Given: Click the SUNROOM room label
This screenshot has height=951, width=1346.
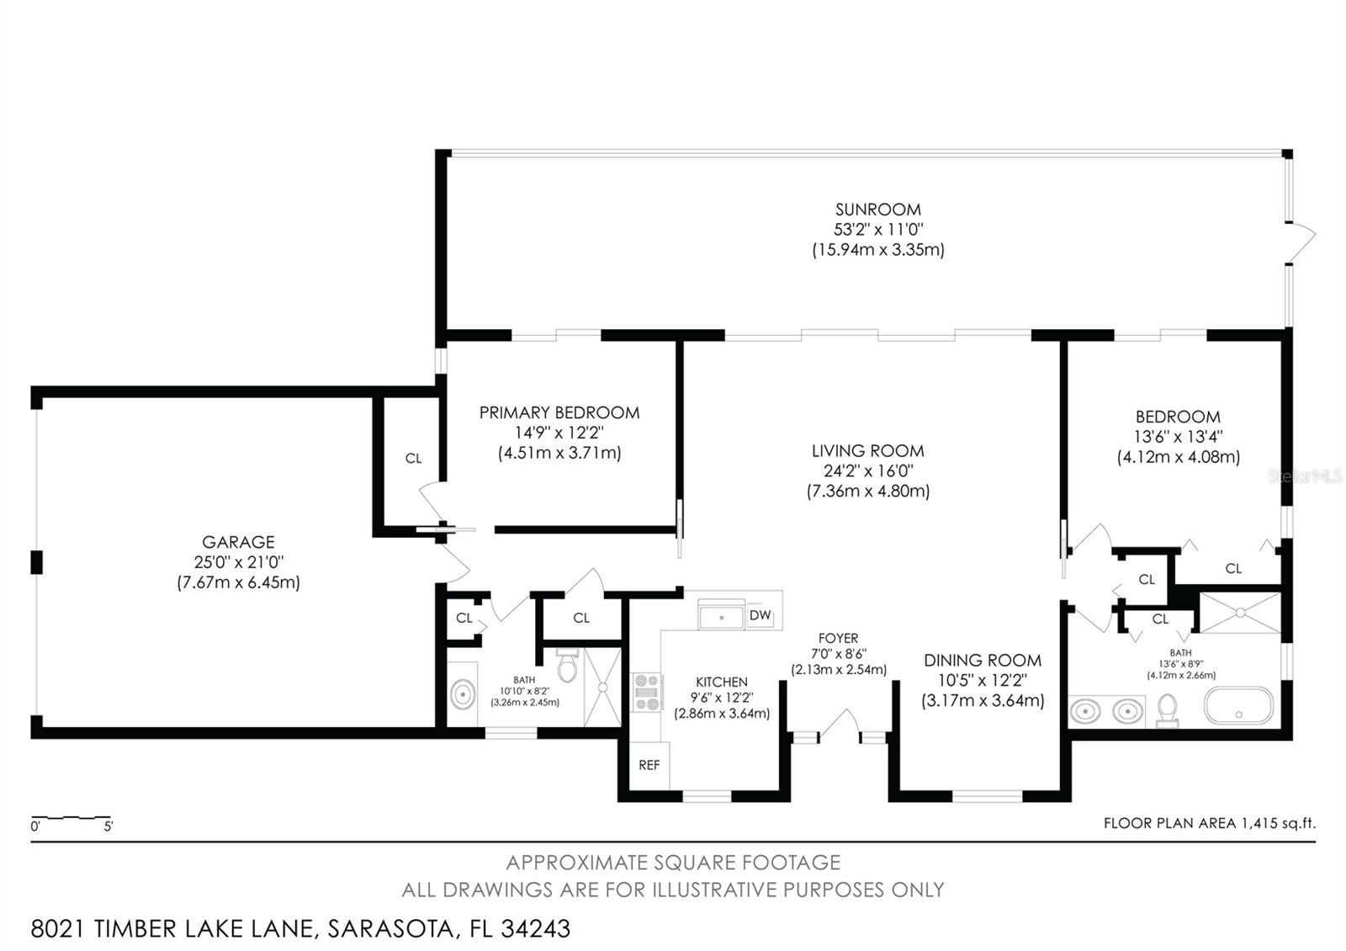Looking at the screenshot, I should click(877, 210).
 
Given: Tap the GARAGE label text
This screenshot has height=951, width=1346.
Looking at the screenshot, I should click(238, 542).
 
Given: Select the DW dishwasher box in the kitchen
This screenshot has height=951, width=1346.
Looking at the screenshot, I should click(760, 615).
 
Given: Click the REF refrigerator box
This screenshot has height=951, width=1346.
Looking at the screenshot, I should click(649, 765).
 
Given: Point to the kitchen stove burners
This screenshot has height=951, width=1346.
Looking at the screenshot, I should click(647, 692).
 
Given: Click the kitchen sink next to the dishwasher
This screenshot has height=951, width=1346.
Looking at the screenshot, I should click(721, 615).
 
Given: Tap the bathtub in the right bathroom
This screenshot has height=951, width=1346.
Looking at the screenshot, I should click(1238, 706).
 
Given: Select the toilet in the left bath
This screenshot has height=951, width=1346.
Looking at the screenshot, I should click(566, 665).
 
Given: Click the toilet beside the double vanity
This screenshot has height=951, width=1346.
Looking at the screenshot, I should click(1167, 709).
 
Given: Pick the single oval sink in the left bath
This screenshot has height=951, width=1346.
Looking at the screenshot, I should click(462, 694).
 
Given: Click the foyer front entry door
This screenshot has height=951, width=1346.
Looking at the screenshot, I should click(839, 725).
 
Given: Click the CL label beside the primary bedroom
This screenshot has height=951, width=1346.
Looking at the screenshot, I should click(413, 459).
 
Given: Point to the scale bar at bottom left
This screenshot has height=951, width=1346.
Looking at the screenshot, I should click(72, 818).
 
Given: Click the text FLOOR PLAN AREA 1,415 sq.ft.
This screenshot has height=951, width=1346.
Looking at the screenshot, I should click(1209, 823).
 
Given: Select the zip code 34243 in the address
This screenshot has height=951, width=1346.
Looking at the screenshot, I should click(535, 928).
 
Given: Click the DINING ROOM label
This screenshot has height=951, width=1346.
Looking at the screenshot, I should click(982, 661).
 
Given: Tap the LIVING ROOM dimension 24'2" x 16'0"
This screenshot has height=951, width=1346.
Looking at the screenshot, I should click(868, 471).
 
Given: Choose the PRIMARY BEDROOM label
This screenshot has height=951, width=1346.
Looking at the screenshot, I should click(559, 412).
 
